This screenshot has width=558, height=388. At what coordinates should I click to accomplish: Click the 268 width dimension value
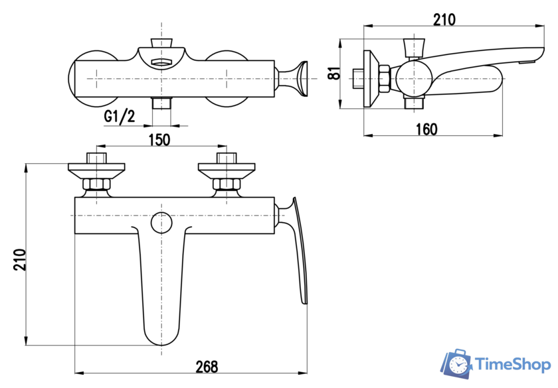coord(207,366)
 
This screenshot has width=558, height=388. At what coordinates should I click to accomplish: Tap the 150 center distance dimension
coord(159,140)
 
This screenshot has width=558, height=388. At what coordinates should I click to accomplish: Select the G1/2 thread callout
coord(120,117)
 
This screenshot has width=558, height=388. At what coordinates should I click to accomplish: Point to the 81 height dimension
coord(335,73)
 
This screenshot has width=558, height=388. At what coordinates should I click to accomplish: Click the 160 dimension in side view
coord(426,129)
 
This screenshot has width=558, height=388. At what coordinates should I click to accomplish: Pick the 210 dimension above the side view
coord(444,19)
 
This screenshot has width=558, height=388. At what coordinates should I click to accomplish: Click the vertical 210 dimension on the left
coord(20,260)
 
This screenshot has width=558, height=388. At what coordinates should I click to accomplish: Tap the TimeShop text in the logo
coord(513,365)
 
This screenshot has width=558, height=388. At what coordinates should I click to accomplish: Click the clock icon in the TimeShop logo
coord(457,364)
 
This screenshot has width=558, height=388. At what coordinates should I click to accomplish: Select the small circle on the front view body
coord(161,223)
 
